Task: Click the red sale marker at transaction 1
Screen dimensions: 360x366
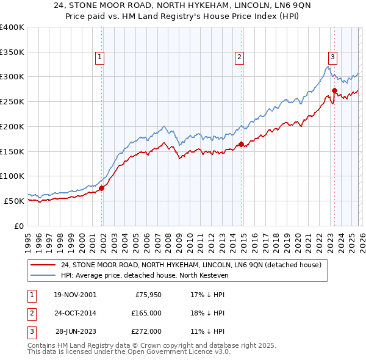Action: pos(102,188)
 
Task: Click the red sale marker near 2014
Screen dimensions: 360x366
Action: pos(241,145)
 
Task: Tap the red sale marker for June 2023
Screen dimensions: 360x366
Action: pos(335,91)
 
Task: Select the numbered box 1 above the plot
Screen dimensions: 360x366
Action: pos(99,57)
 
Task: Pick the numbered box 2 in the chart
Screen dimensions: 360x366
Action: pos(239,57)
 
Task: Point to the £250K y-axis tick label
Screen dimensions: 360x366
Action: pos(12,102)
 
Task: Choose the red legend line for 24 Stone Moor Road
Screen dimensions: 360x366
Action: pos(44,265)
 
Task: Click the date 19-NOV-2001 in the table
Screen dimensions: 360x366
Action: pos(75,295)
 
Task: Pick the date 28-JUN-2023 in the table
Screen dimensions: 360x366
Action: pos(75,331)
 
